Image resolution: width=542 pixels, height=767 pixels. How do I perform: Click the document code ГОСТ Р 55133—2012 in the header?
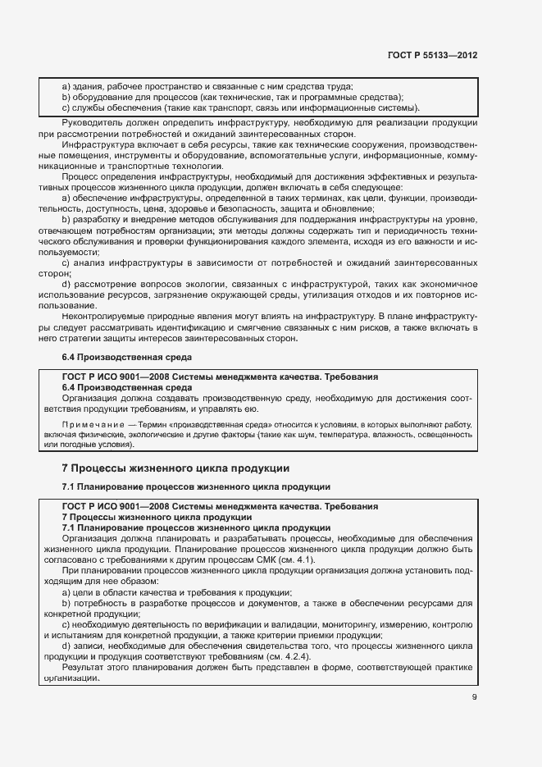(432, 55)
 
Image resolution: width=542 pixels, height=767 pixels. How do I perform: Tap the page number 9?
(475, 698)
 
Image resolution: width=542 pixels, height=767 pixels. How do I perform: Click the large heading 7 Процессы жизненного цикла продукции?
(175, 469)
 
